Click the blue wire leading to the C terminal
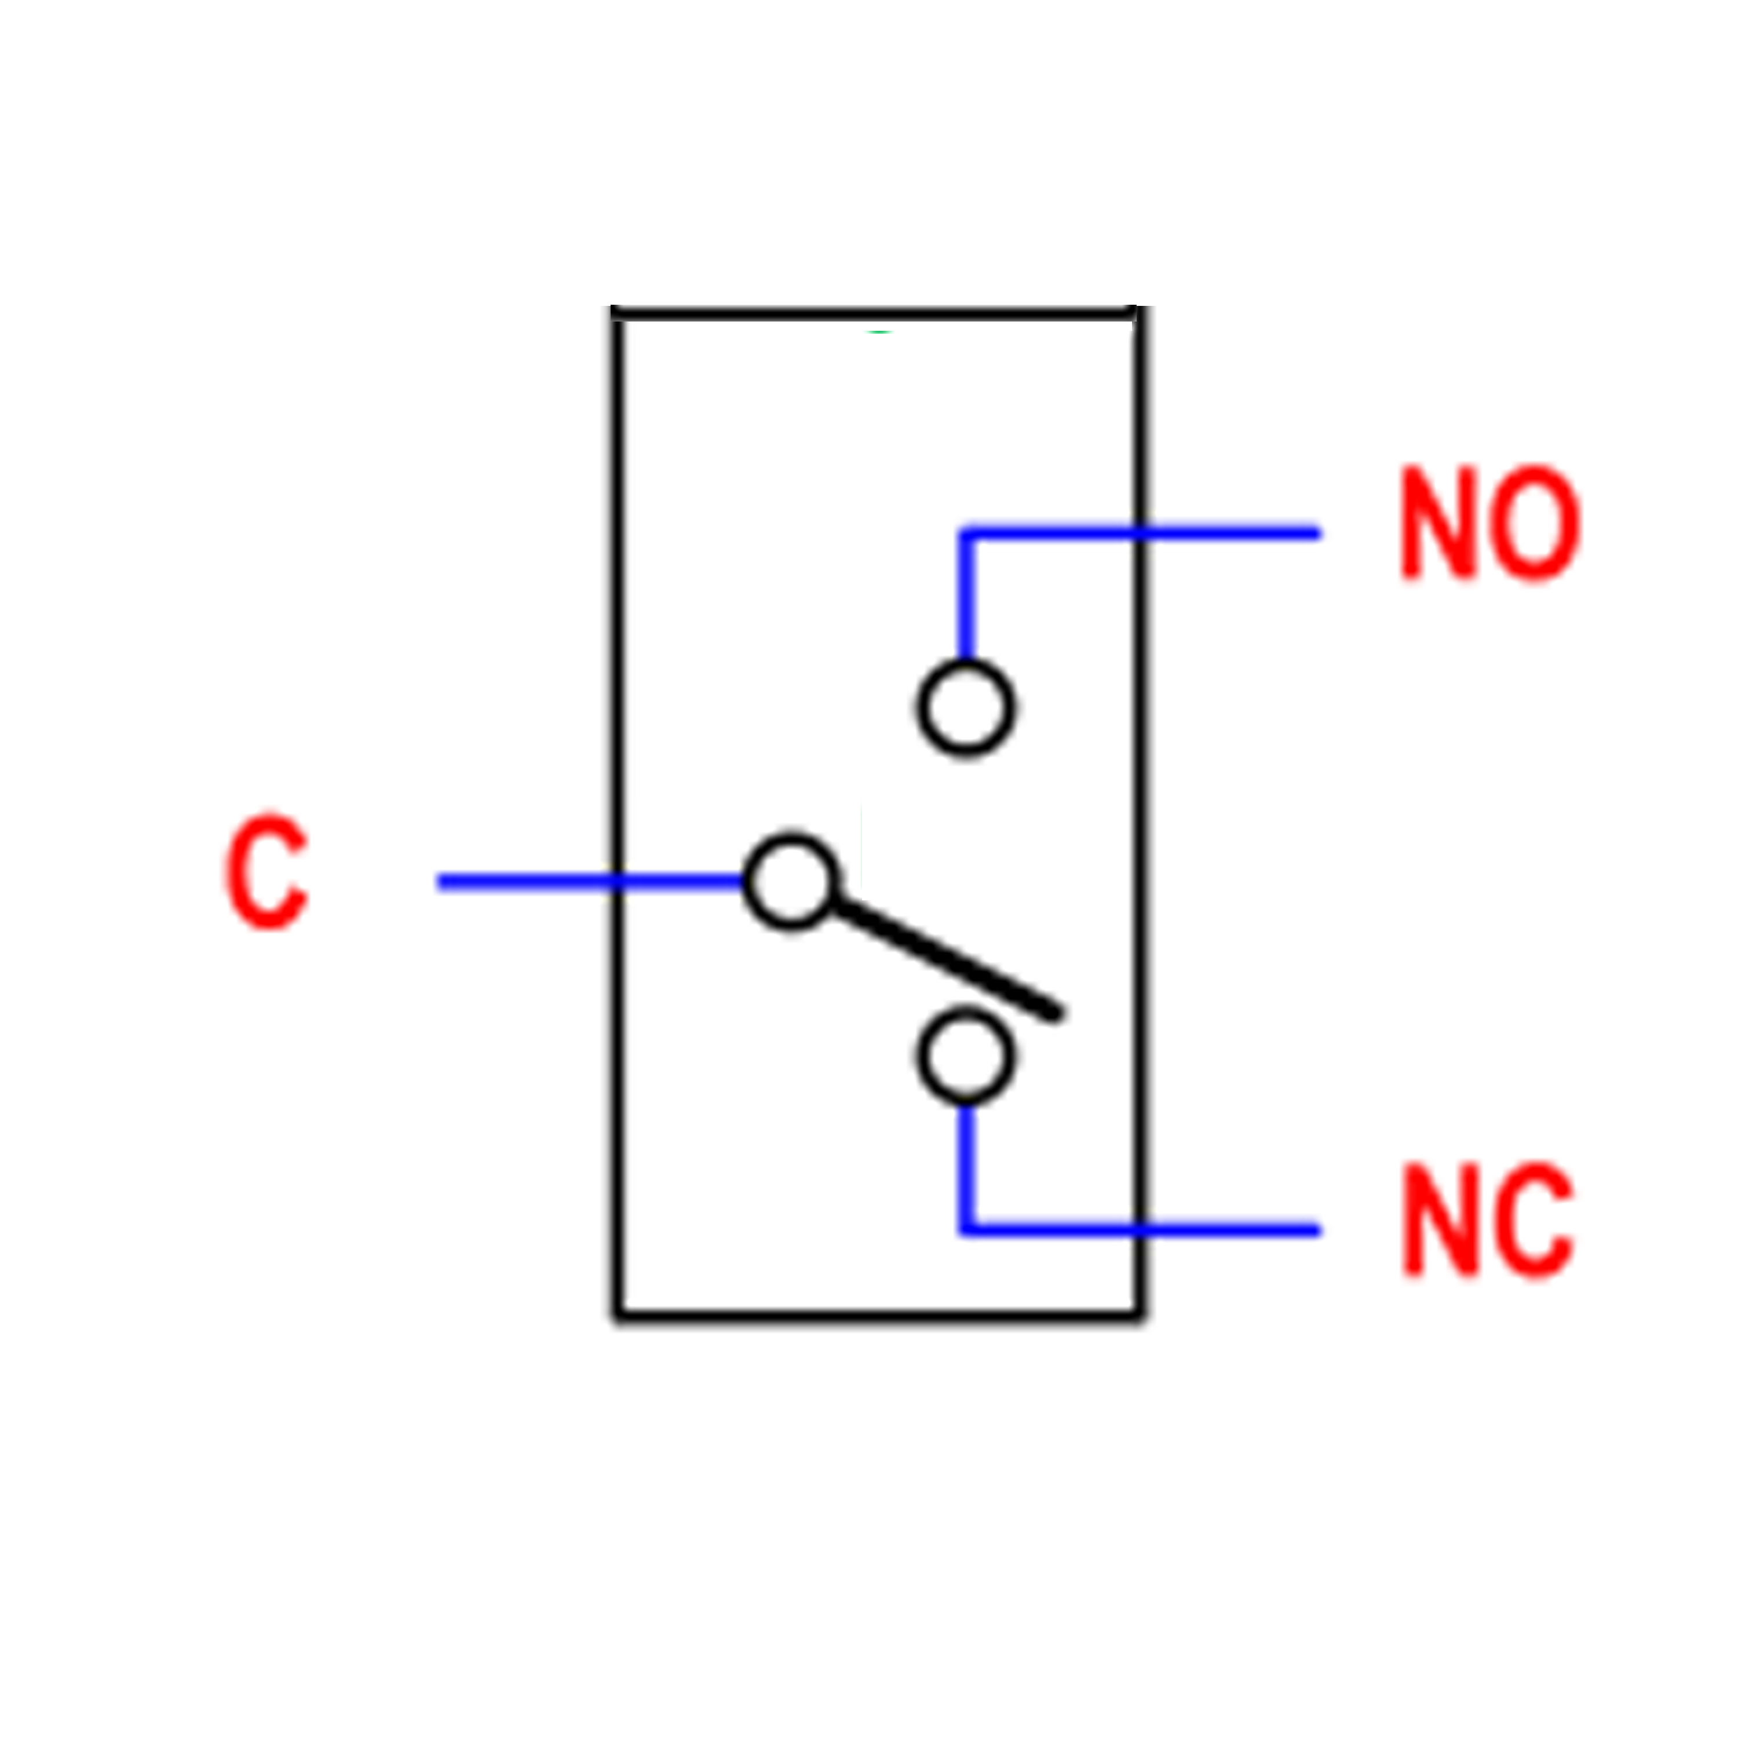pos(591,882)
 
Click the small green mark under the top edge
pos(878,332)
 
